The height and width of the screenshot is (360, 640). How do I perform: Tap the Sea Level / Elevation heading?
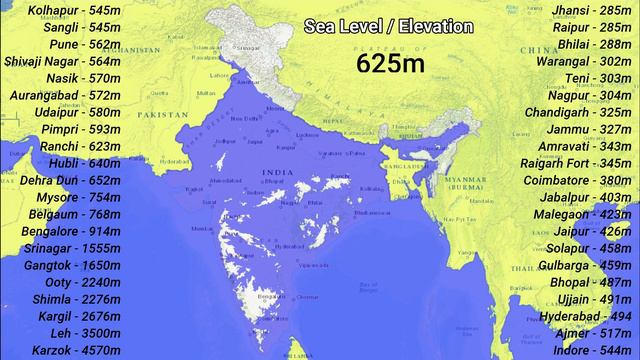[389, 27]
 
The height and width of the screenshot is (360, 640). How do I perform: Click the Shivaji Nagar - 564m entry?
[61, 61]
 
